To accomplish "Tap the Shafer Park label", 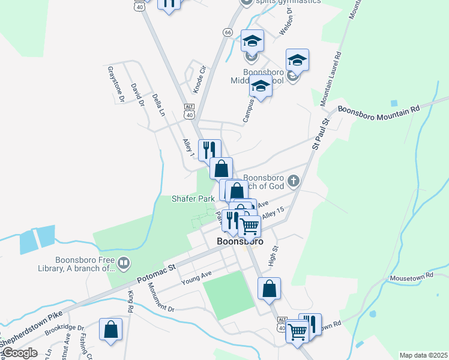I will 193,198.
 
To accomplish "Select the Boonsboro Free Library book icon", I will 123,262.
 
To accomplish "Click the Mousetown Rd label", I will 411,277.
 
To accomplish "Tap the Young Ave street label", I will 197,277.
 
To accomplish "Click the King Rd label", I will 130,301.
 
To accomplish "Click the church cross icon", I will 294,180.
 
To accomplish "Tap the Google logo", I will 20,353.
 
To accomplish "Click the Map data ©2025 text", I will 423,355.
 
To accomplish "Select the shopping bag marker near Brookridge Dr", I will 110,329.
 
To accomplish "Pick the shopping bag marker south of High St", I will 270,288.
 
